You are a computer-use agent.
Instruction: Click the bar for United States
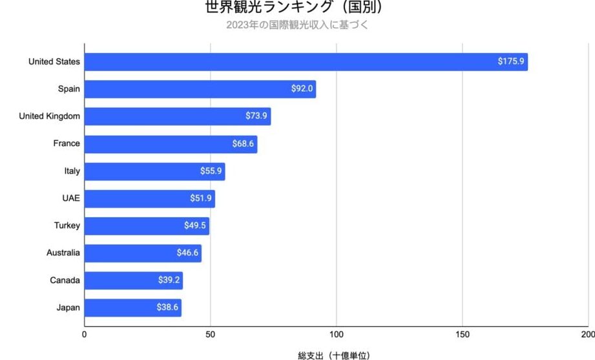pyautogui.click(x=306, y=62)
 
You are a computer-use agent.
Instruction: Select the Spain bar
pyautogui.click(x=200, y=89)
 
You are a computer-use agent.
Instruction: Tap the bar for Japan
pyautogui.click(x=132, y=308)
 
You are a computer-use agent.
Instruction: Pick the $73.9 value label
pyautogui.click(x=256, y=116)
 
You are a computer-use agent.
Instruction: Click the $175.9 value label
pyautogui.click(x=511, y=62)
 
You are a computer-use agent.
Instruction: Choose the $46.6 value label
pyautogui.click(x=187, y=253)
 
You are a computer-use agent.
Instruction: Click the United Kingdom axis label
pyautogui.click(x=50, y=116)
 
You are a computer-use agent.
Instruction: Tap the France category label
pyautogui.click(x=67, y=143)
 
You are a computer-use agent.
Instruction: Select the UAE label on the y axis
pyautogui.click(x=71, y=198)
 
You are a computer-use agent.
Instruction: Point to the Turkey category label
pyautogui.click(x=67, y=226)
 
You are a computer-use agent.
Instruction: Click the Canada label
pyautogui.click(x=65, y=281)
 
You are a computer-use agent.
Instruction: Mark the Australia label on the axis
pyautogui.click(x=63, y=253)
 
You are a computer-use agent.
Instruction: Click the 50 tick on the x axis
pyautogui.click(x=210, y=334)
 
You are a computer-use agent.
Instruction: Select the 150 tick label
pyautogui.click(x=462, y=334)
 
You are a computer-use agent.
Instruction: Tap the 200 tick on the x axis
pyautogui.click(x=587, y=334)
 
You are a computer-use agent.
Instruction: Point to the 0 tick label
pyautogui.click(x=85, y=334)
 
